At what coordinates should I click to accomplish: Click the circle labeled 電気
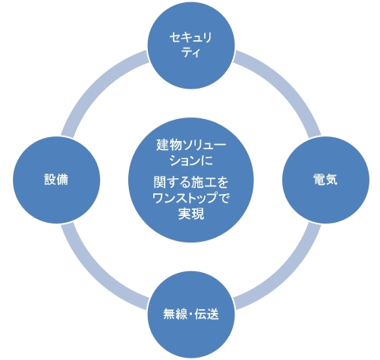point(325,180)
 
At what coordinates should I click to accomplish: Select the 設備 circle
point(56,180)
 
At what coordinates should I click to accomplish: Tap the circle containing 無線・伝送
point(191,315)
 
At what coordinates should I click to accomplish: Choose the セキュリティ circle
point(191,45)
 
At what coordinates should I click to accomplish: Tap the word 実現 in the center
point(191,214)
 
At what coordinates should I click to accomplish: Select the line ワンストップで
point(191,198)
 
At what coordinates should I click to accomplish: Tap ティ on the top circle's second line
point(191,52)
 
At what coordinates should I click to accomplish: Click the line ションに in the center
point(191,161)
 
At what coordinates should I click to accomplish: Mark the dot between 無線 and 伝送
point(190,315)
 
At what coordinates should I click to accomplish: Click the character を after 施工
point(222,183)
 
